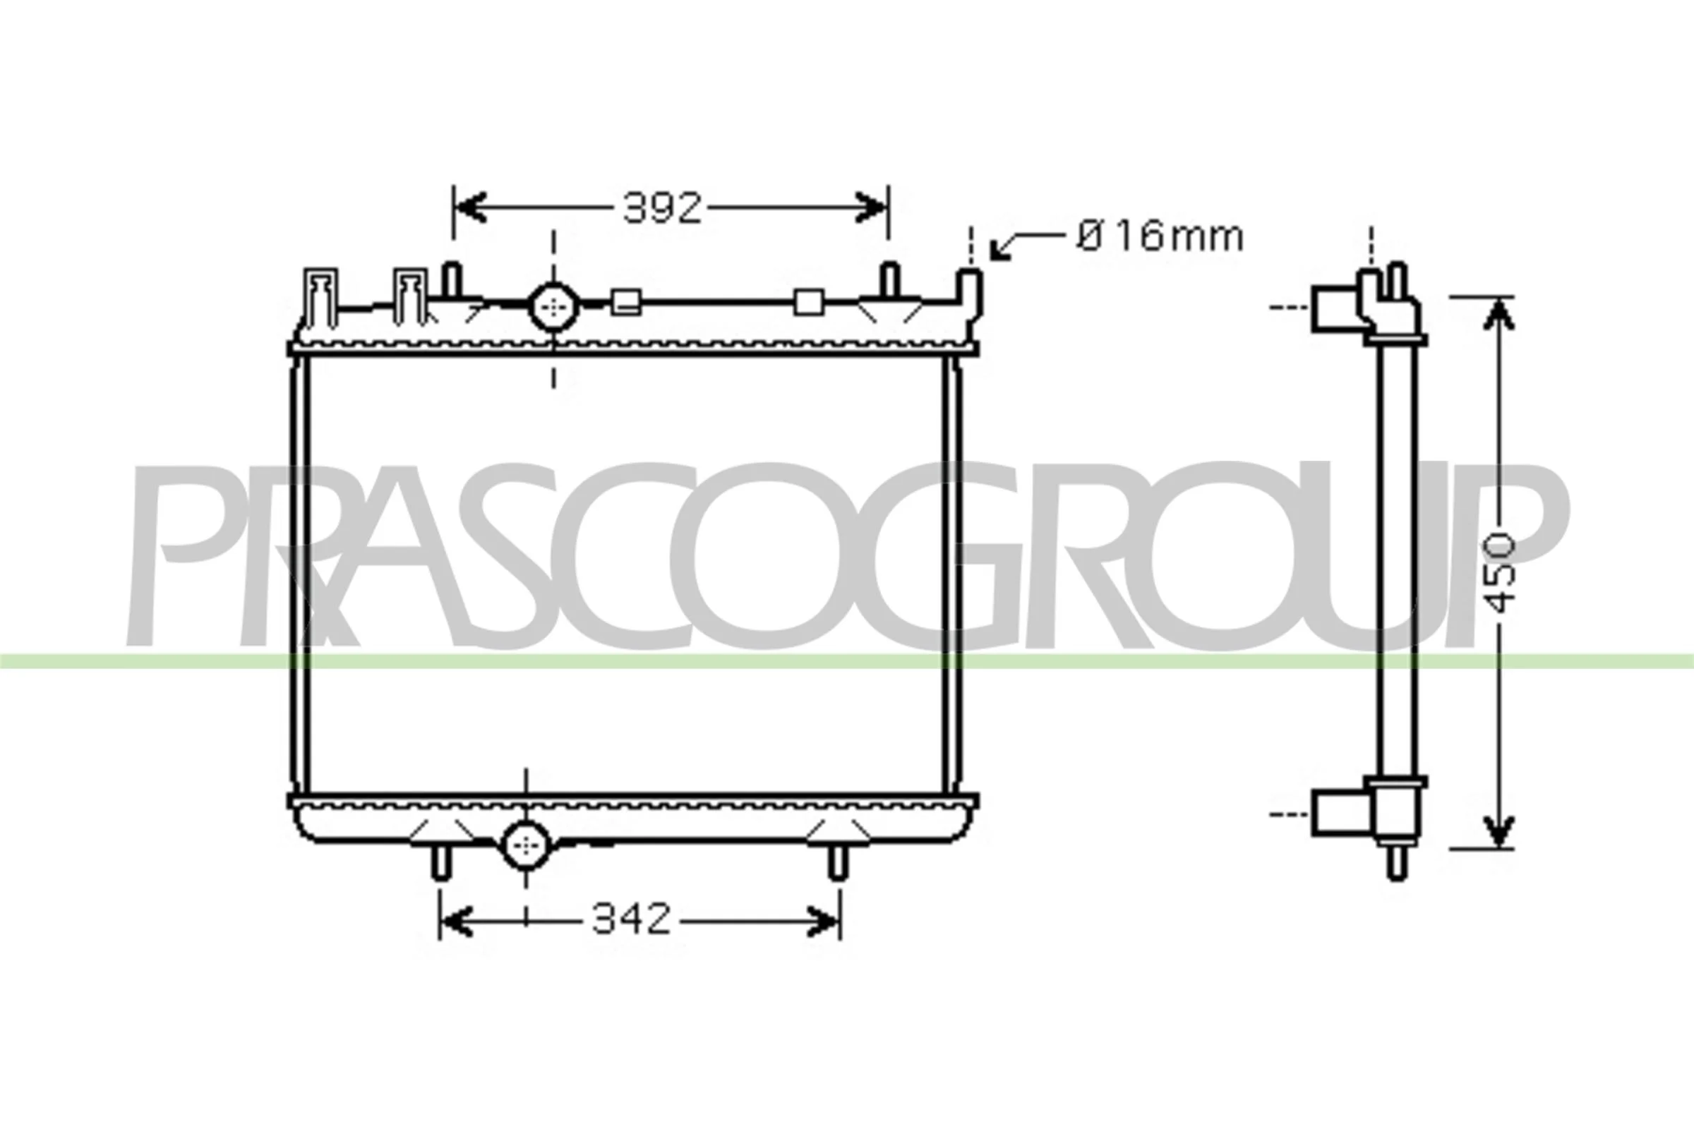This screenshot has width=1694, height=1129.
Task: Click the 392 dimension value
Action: (662, 208)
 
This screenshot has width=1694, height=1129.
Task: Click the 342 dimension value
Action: (631, 919)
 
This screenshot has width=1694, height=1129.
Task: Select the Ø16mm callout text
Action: (1160, 236)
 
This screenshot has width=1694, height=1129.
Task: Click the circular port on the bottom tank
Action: (526, 845)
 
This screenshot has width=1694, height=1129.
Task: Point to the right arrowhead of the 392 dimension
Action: (871, 208)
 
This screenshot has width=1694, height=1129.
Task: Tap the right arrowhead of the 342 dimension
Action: (823, 921)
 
